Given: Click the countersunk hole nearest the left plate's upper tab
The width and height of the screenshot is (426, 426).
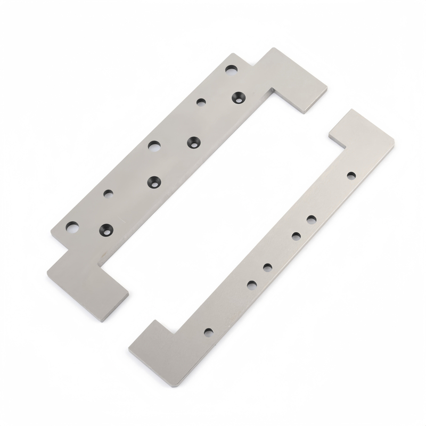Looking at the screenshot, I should (x=238, y=97).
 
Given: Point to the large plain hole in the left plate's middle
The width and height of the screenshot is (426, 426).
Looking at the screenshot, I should (x=154, y=145).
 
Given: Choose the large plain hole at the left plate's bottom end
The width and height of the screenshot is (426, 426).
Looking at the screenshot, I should (x=71, y=226).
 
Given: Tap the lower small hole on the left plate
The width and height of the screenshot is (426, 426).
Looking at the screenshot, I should (x=108, y=193).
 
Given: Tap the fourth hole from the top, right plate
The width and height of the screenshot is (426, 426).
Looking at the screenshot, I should (x=267, y=267).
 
